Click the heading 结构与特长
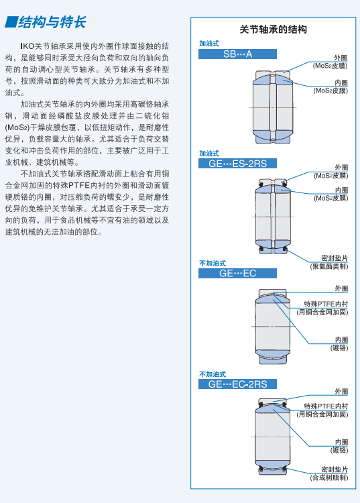52,22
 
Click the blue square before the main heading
11,22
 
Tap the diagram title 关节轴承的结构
273,30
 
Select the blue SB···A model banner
237,54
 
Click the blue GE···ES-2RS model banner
237,163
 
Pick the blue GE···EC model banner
237,274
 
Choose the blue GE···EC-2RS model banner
237,384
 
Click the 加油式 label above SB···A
209,44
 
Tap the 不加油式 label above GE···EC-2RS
213,374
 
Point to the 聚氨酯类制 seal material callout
329,266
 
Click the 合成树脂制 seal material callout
329,478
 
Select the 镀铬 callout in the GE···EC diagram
339,347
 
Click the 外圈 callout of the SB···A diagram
341,58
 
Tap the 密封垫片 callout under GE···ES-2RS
335,258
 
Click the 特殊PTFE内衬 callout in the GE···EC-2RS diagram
326,406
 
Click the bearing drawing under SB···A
272,107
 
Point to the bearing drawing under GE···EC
272,327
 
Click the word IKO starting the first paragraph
27,46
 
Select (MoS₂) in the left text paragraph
17,127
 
